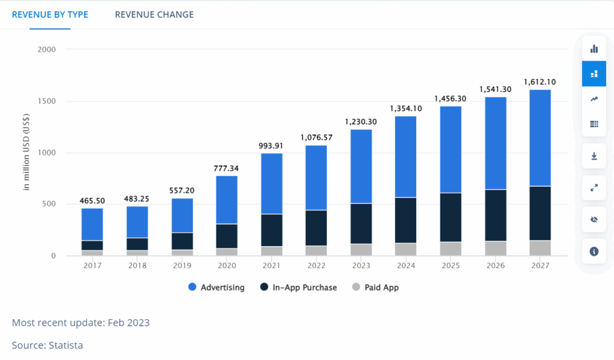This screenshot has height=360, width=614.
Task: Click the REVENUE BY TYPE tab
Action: pos(50,14)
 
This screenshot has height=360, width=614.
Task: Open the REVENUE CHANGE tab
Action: pos(154,14)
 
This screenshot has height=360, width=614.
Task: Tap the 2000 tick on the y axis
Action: pos(46,49)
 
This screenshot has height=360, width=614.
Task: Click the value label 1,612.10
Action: pos(540,82)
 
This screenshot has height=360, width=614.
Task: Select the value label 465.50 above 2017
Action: pos(92,200)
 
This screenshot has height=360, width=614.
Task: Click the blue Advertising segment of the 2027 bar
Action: pos(540,138)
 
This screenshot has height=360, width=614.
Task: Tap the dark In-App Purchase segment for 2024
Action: pos(405,220)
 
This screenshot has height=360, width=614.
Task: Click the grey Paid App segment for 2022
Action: pos(317,251)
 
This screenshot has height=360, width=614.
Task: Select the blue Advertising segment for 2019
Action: pos(182,215)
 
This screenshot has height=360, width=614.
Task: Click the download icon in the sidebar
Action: pos(594,156)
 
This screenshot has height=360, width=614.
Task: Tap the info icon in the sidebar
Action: pos(594,251)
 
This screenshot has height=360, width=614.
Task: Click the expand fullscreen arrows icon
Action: pos(594,188)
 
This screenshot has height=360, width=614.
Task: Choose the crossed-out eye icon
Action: pos(594,220)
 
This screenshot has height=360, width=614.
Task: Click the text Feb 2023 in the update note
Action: pos(129,323)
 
